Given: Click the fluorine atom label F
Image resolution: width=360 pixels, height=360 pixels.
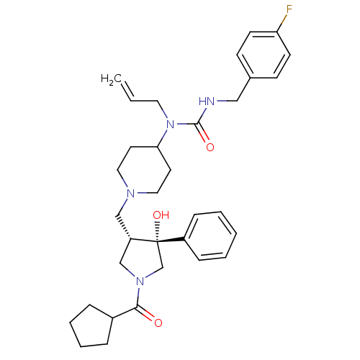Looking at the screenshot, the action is point(289,9).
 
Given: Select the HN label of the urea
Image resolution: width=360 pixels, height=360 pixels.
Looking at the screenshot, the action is point(207,102).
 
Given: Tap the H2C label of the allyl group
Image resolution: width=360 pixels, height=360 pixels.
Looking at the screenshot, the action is point(111,78).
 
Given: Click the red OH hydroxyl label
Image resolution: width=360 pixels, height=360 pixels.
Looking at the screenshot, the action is point(161,215).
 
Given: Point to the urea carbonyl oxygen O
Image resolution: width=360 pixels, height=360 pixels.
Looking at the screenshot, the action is point(210,147).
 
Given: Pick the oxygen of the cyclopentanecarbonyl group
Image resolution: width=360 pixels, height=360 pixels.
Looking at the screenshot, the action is point(158,323).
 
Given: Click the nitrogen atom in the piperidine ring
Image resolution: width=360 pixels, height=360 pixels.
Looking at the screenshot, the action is point(131,194).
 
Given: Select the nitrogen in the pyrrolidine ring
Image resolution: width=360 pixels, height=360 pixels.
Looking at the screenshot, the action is point(140,282).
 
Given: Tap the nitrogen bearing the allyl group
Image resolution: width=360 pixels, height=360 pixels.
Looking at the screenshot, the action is point(170,125).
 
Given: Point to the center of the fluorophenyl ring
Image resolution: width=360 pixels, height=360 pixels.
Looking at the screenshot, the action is point(264,55).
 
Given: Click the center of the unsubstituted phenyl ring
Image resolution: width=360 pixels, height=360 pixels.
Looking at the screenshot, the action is point(210,236).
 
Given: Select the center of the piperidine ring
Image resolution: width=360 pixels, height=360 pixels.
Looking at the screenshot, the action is point(144,170).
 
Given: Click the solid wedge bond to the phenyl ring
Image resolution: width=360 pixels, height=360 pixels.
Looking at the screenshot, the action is point(171,240).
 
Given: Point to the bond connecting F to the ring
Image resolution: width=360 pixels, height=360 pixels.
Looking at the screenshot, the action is point(282,23).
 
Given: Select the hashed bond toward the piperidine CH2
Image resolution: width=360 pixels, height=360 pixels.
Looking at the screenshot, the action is point(123,228).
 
